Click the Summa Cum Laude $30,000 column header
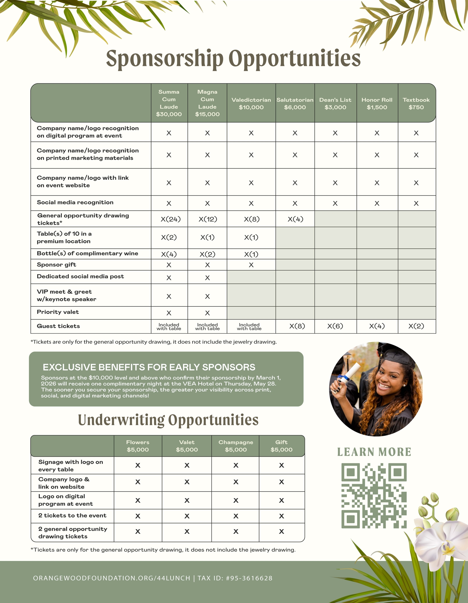(x=169, y=103)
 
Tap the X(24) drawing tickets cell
(x=171, y=219)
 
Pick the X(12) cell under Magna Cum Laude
(x=208, y=219)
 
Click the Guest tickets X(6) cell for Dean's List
(x=335, y=326)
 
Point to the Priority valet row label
(x=58, y=312)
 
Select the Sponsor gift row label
(x=56, y=265)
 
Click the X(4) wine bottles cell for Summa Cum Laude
(x=169, y=254)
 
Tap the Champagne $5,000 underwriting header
(x=236, y=446)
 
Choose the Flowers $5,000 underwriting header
(x=138, y=446)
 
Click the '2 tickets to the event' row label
(x=72, y=515)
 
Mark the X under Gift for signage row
(x=281, y=465)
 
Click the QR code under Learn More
(x=374, y=495)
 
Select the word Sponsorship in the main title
(x=165, y=59)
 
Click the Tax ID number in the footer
(x=249, y=578)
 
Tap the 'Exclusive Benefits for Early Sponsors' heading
(x=149, y=367)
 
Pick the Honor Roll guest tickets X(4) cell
(x=377, y=326)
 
